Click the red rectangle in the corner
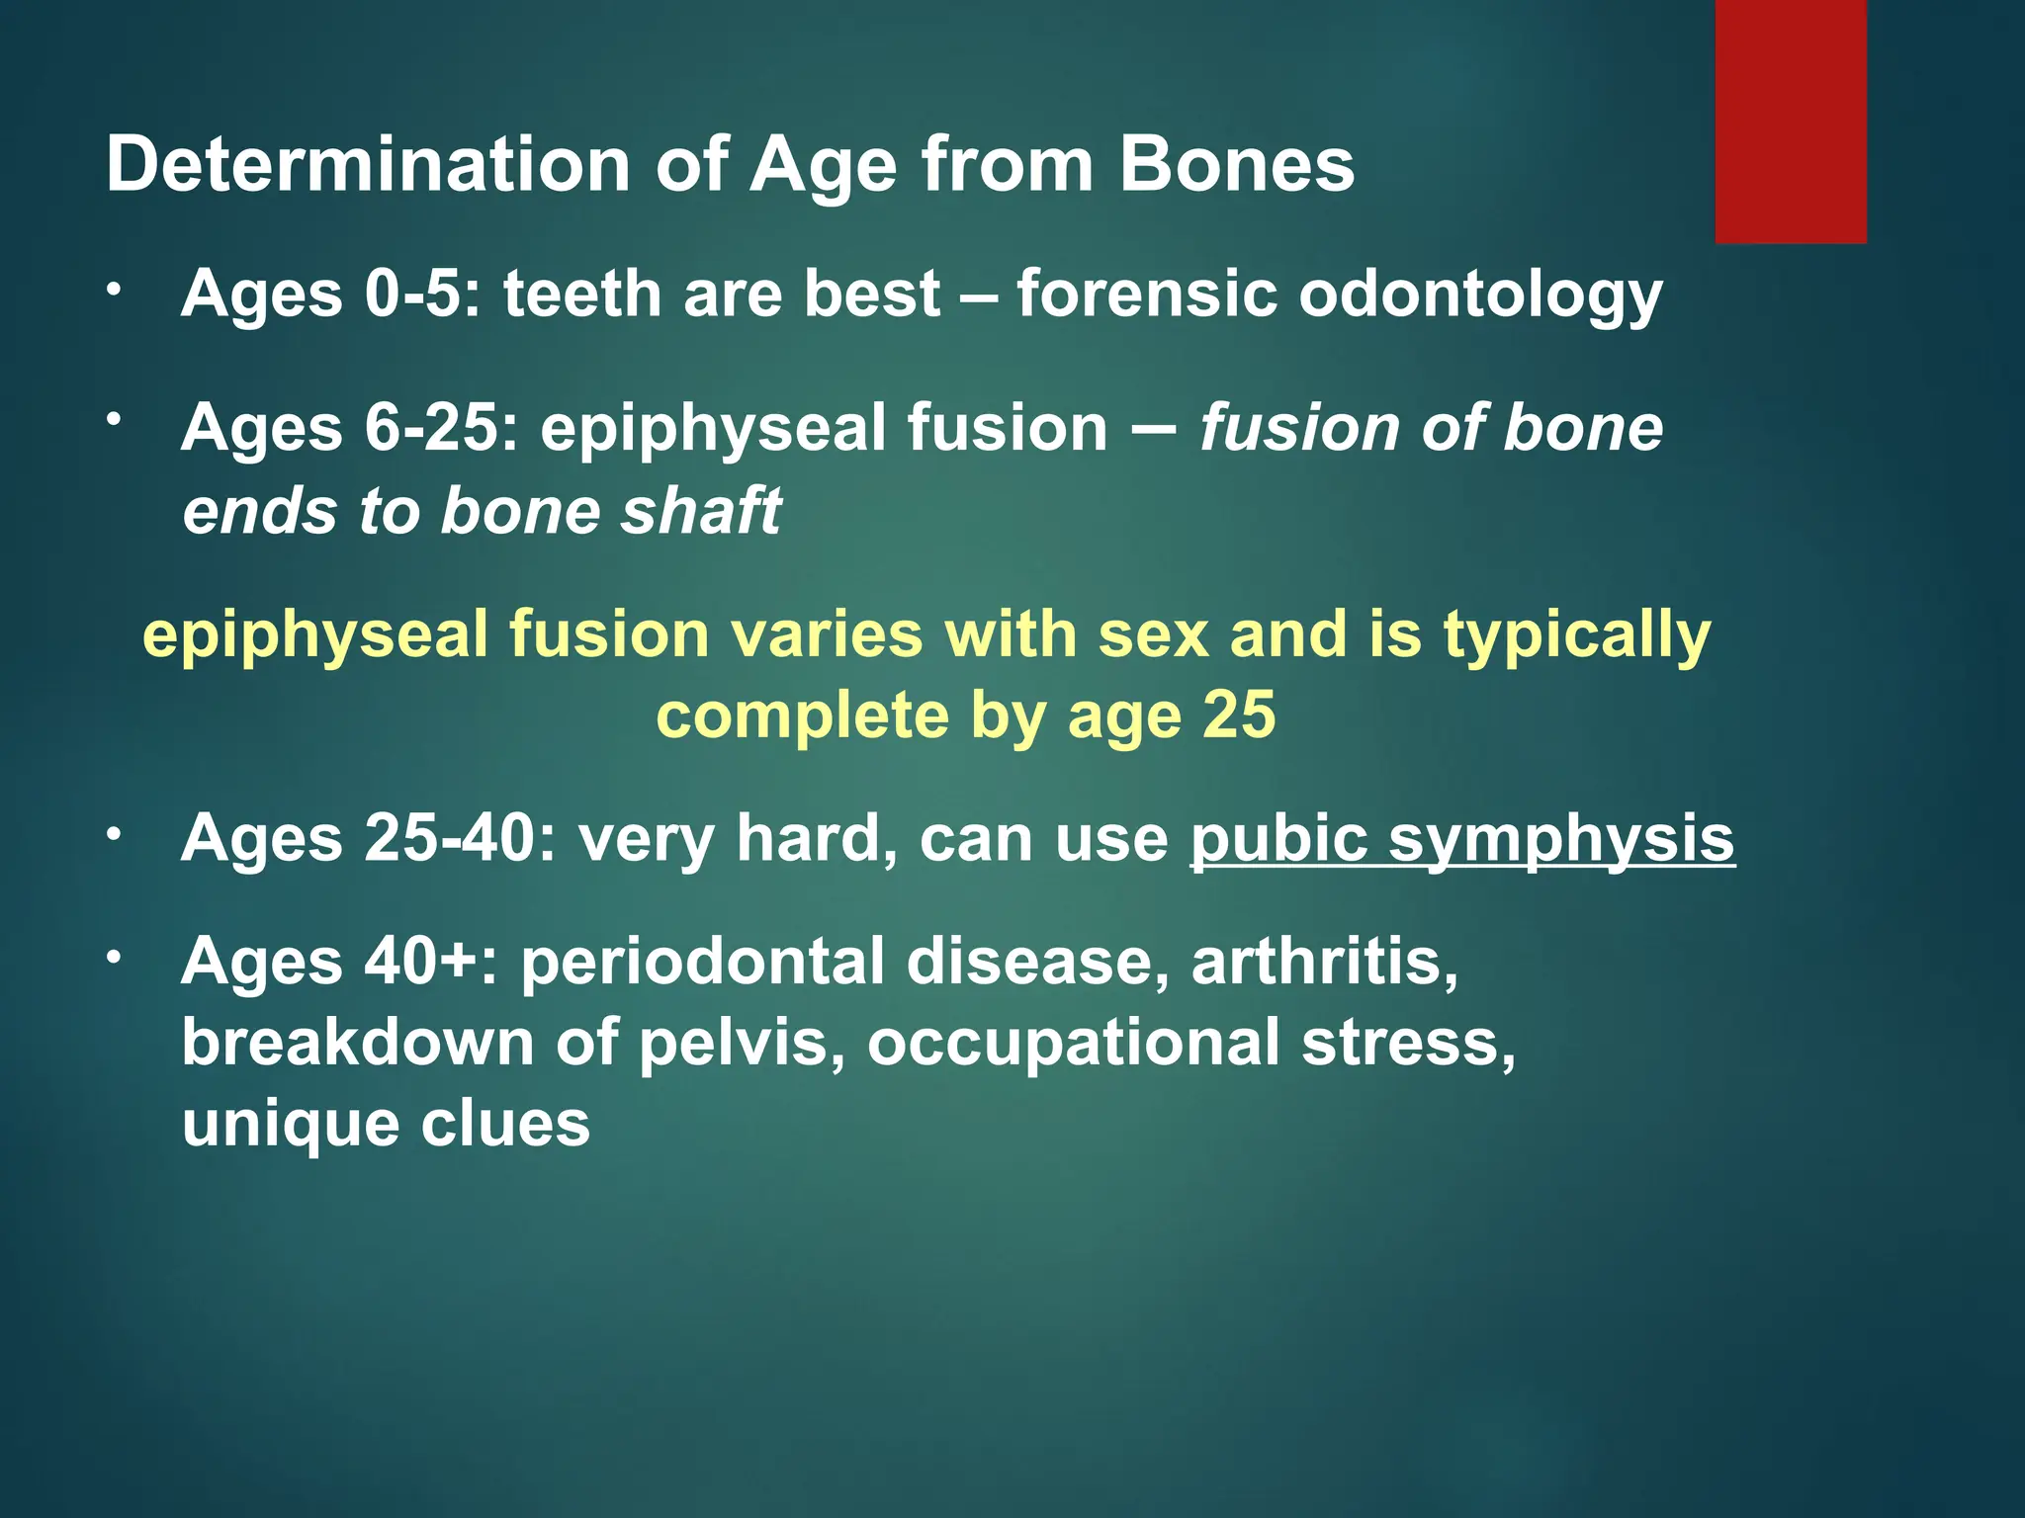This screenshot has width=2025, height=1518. click(1790, 121)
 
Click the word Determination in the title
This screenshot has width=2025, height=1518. click(368, 164)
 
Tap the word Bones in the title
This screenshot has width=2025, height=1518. click(1236, 164)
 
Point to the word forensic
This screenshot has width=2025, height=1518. click(1147, 294)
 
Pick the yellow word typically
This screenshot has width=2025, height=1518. click(1576, 636)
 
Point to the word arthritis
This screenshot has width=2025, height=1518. click(1324, 961)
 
